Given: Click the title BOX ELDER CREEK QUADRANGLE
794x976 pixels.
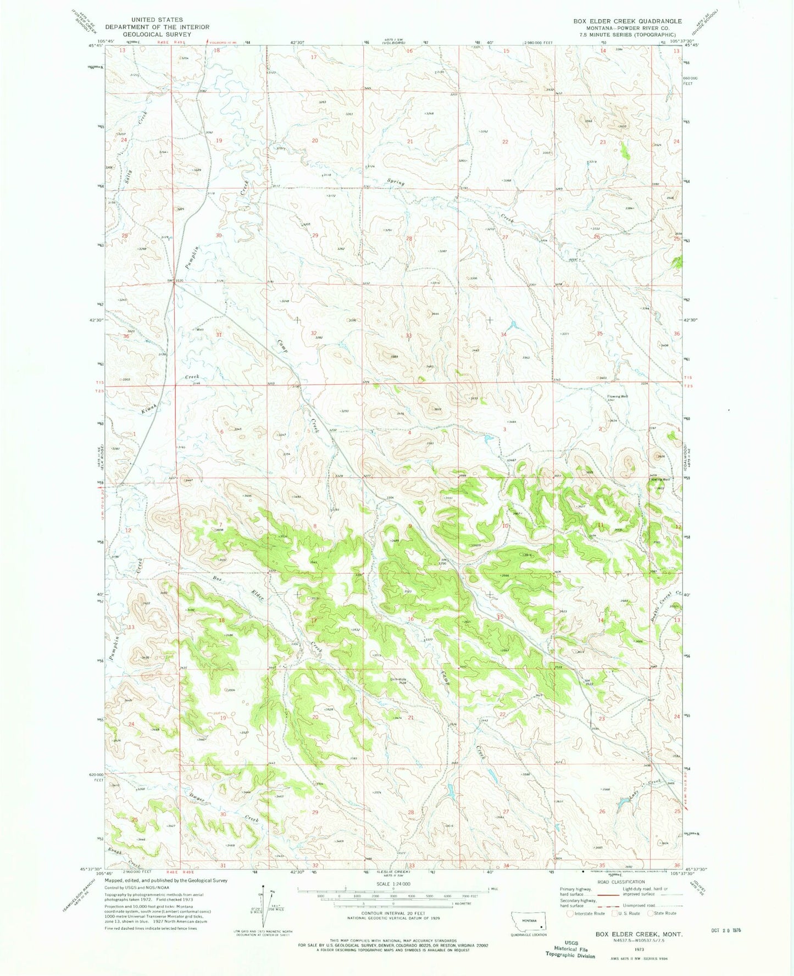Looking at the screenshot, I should (x=627, y=21).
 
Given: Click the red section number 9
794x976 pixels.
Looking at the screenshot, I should (x=410, y=526).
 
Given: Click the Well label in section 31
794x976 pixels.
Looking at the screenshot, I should (x=201, y=329).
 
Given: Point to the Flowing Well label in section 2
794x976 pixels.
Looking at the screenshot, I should (x=618, y=396).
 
